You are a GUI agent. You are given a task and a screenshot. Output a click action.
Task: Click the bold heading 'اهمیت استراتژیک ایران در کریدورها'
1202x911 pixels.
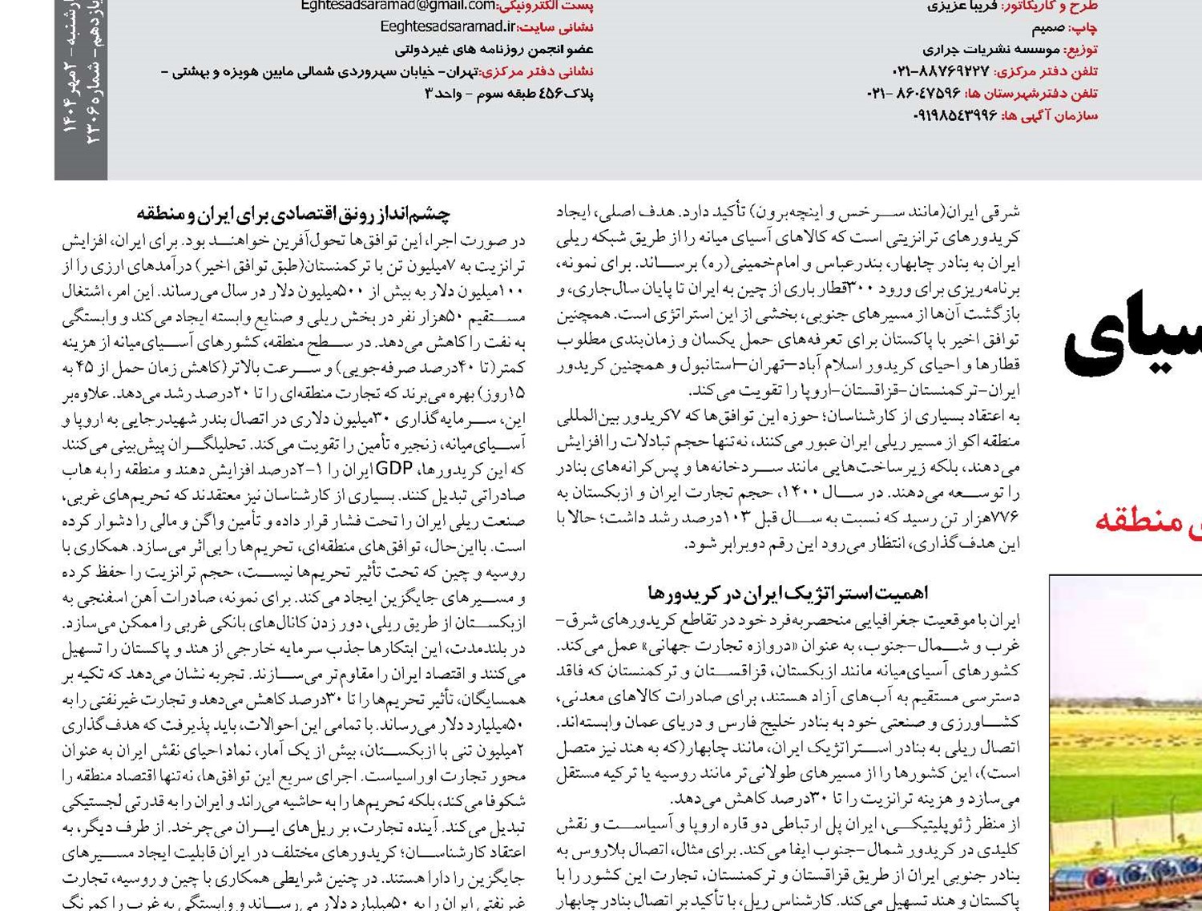click(788, 593)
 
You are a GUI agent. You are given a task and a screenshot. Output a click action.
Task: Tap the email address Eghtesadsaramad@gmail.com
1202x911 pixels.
click(397, 6)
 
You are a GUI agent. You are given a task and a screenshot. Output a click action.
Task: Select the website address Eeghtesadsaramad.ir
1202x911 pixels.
click(448, 27)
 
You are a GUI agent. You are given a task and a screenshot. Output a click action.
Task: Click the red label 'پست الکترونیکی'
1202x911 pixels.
click(546, 6)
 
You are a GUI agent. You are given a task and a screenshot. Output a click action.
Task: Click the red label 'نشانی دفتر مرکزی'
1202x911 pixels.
click(538, 71)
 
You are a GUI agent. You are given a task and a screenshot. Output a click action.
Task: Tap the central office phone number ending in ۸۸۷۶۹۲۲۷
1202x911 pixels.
click(942, 71)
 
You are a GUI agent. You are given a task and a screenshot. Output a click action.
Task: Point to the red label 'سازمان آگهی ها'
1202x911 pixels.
click(1049, 115)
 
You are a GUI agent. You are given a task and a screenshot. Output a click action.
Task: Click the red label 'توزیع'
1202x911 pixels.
click(1082, 50)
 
